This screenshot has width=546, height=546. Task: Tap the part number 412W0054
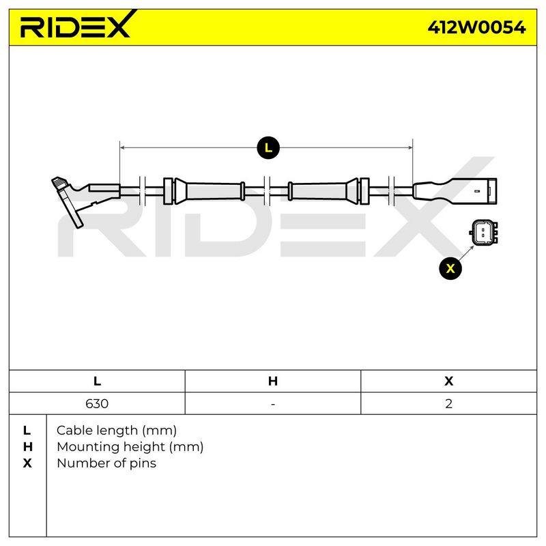point(476,27)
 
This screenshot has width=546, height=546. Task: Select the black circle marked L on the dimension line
point(268,148)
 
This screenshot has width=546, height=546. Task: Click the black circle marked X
point(450,268)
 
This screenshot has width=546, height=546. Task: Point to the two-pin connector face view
point(483,232)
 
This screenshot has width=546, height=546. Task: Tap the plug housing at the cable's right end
point(455,191)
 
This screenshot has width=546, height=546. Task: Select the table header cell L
point(97,381)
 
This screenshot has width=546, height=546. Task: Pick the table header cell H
point(272,381)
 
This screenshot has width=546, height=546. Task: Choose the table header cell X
point(449,381)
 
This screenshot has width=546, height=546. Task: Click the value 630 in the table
point(97,403)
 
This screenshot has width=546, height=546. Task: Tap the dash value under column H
point(272,404)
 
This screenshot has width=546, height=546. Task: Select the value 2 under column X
point(449,403)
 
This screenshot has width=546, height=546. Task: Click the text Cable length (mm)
point(117,431)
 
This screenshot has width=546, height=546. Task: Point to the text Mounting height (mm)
point(130,447)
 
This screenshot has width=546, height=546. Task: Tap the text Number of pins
point(106,463)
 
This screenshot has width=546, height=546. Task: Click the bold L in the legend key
point(27,431)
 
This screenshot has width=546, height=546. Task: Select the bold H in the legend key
point(27,447)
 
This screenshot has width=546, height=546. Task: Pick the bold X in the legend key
point(27,463)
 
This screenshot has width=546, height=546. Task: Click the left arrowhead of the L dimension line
point(122,147)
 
